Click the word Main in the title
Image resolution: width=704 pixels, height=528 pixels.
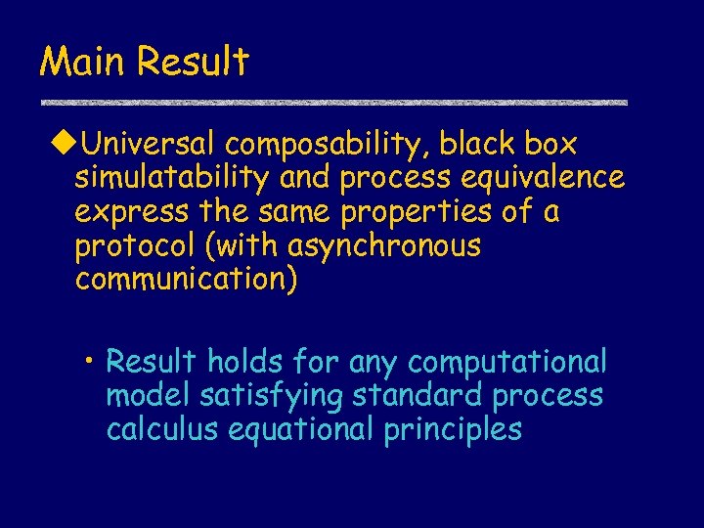(x=84, y=62)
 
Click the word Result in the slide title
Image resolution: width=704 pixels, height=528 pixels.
(x=194, y=62)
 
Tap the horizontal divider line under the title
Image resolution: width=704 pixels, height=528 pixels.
(x=332, y=103)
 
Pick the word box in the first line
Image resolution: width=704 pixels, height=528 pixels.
(x=550, y=145)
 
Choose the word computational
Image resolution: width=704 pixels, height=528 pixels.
(x=507, y=363)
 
